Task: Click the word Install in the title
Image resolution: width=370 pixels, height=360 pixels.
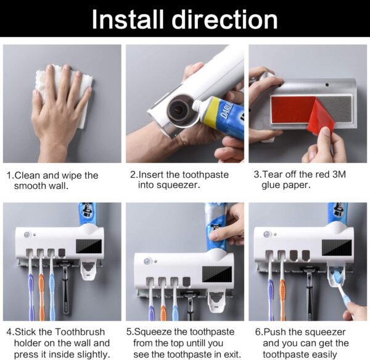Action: point(127,19)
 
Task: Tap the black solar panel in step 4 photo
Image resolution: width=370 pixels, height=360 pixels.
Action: point(88,245)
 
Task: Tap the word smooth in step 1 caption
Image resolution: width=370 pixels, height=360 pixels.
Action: point(31,186)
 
